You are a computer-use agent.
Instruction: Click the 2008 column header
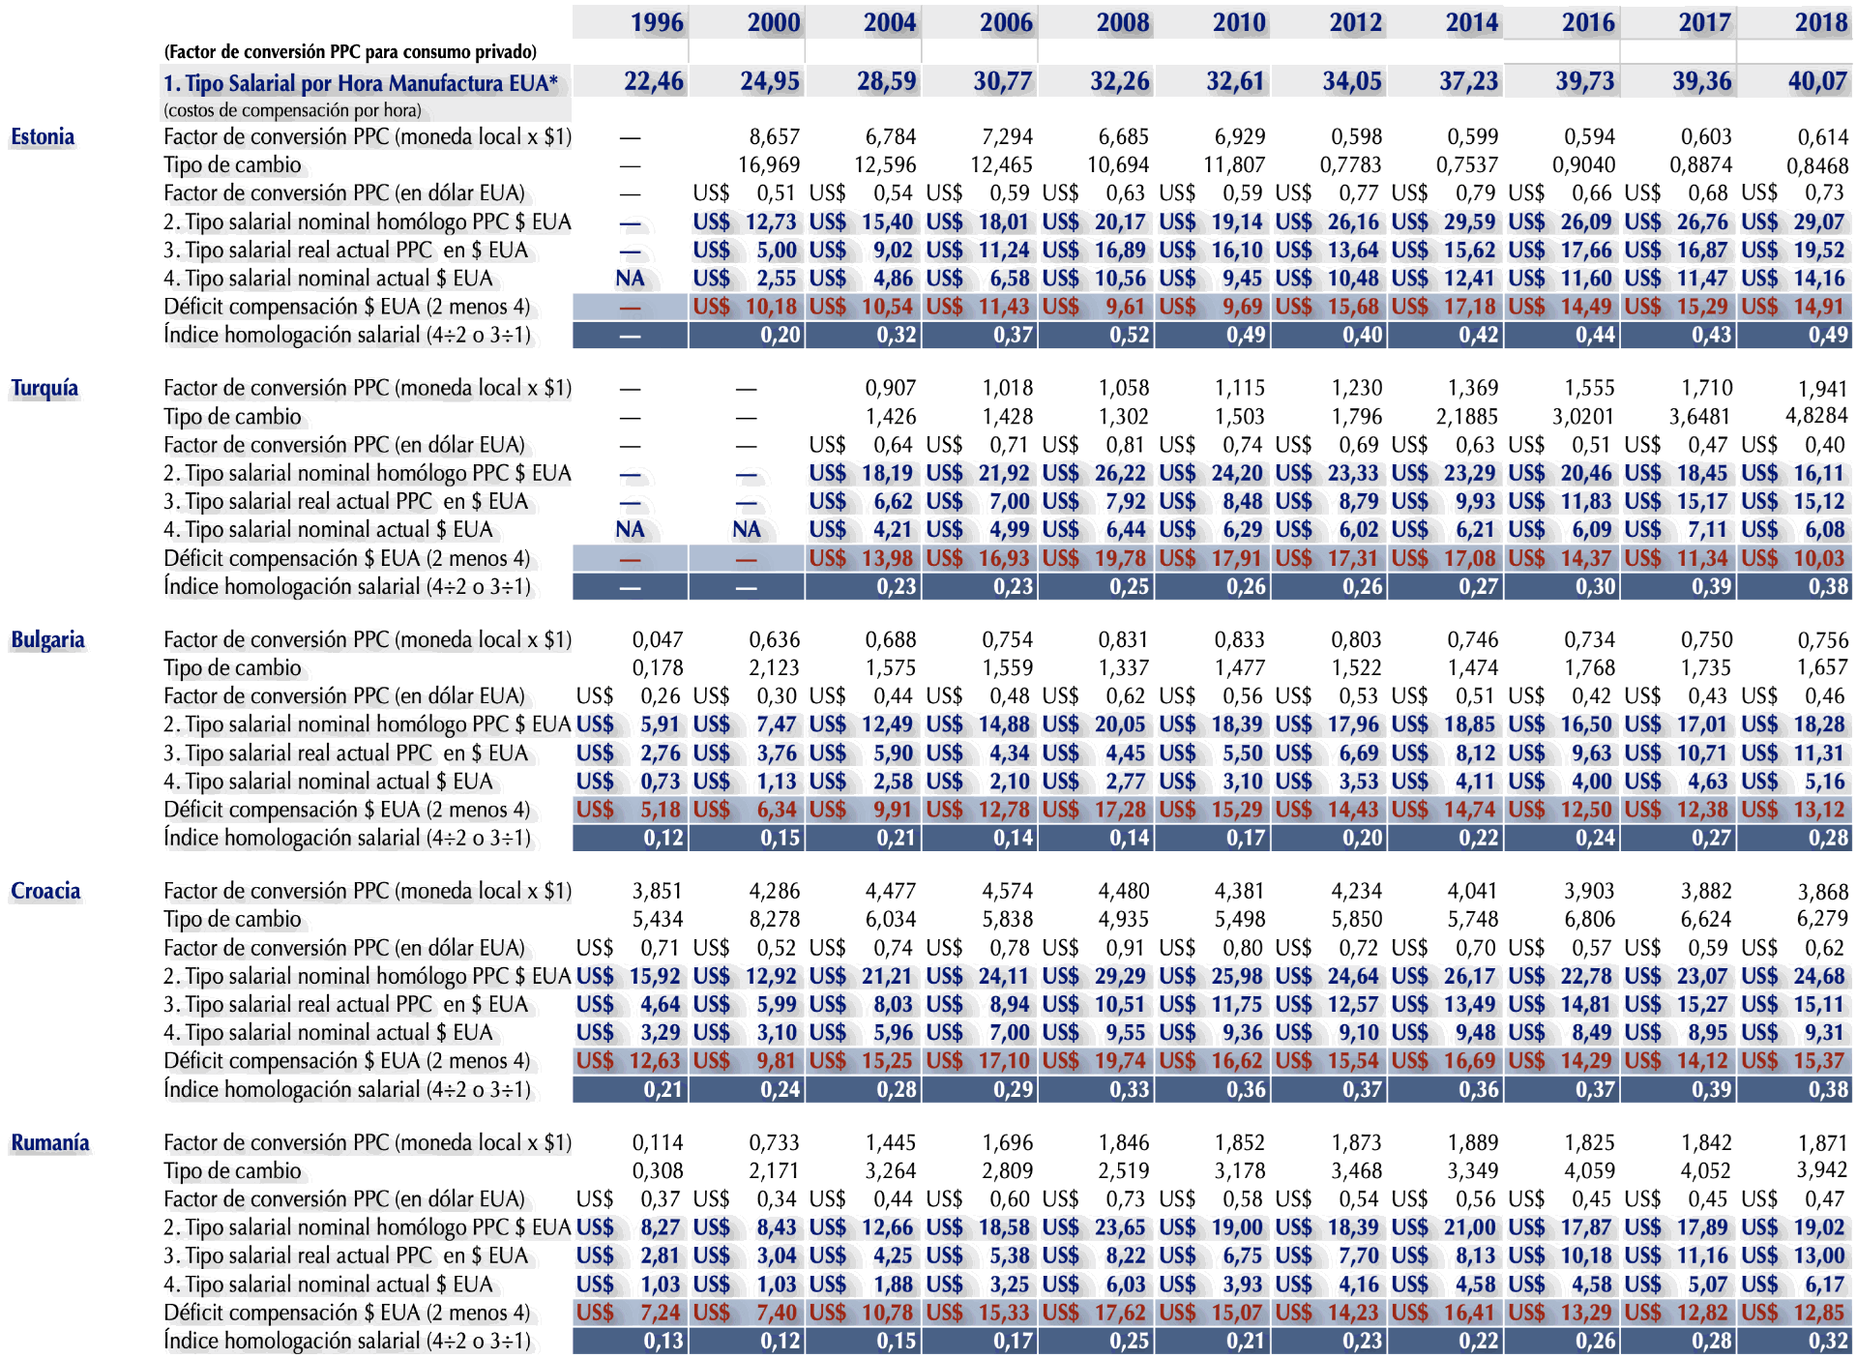(x=1122, y=22)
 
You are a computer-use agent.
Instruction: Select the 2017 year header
(x=1704, y=22)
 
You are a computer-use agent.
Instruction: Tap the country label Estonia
(x=43, y=137)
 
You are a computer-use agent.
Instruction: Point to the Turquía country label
(x=44, y=389)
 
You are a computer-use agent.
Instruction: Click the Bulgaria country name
(x=47, y=640)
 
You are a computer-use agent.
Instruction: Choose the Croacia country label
(x=45, y=892)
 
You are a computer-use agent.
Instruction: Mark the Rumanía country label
(x=50, y=1143)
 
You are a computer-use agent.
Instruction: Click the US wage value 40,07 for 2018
(x=1816, y=82)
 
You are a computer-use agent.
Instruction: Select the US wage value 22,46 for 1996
(x=653, y=82)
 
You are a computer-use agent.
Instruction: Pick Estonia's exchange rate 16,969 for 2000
(x=769, y=165)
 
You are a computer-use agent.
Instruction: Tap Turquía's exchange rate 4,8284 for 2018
(x=1815, y=417)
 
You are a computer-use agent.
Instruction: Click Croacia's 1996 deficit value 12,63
(x=654, y=1061)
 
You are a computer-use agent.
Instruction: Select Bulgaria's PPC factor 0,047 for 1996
(x=657, y=640)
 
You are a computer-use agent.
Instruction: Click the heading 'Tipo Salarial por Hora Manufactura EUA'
(x=361, y=83)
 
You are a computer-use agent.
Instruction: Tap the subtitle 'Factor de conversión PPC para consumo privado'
(x=350, y=52)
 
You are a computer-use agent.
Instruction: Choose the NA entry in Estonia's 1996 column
(x=630, y=279)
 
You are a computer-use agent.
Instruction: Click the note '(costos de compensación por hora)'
(x=292, y=110)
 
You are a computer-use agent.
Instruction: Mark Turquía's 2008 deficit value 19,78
(x=1119, y=559)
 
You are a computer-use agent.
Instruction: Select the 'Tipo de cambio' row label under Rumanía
(x=232, y=1171)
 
